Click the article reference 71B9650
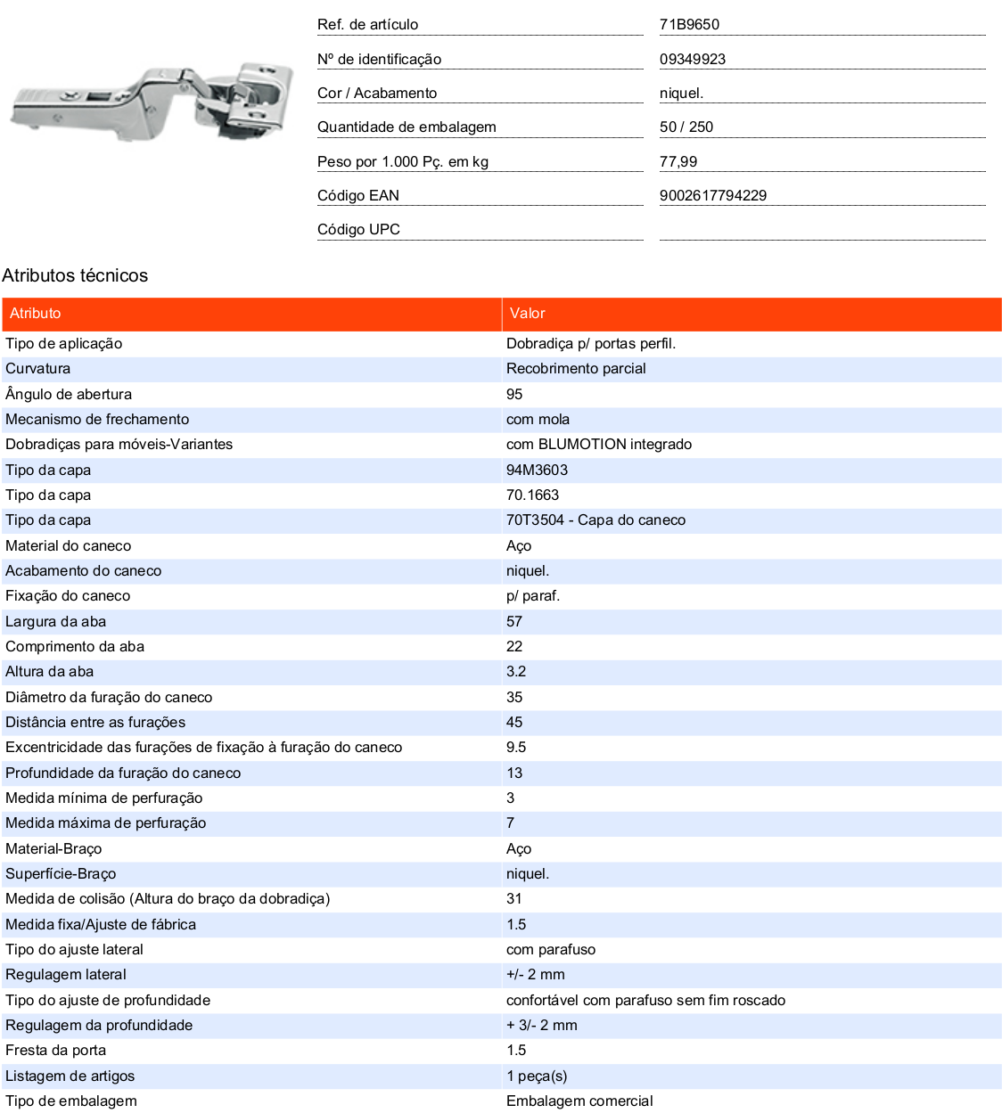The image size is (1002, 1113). (689, 25)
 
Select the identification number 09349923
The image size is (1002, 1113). (693, 59)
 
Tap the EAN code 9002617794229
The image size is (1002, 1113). (713, 195)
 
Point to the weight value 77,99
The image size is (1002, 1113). (678, 161)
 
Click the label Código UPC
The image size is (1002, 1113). (358, 229)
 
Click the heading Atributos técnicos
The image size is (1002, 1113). (75, 275)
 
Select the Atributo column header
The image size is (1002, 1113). (36, 314)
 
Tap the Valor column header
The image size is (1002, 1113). (527, 314)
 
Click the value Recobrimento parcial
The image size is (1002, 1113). (576, 369)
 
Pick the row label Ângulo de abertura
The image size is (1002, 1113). (69, 394)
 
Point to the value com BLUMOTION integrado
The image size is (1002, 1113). (599, 445)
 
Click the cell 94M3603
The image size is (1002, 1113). (537, 470)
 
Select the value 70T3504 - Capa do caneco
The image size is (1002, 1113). (595, 520)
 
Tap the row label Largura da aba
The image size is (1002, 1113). (55, 621)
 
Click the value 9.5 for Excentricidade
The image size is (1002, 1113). (516, 748)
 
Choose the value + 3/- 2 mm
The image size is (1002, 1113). (541, 1026)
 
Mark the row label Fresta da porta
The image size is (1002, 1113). (55, 1051)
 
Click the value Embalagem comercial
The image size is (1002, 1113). (579, 1101)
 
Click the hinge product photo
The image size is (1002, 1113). (152, 102)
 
